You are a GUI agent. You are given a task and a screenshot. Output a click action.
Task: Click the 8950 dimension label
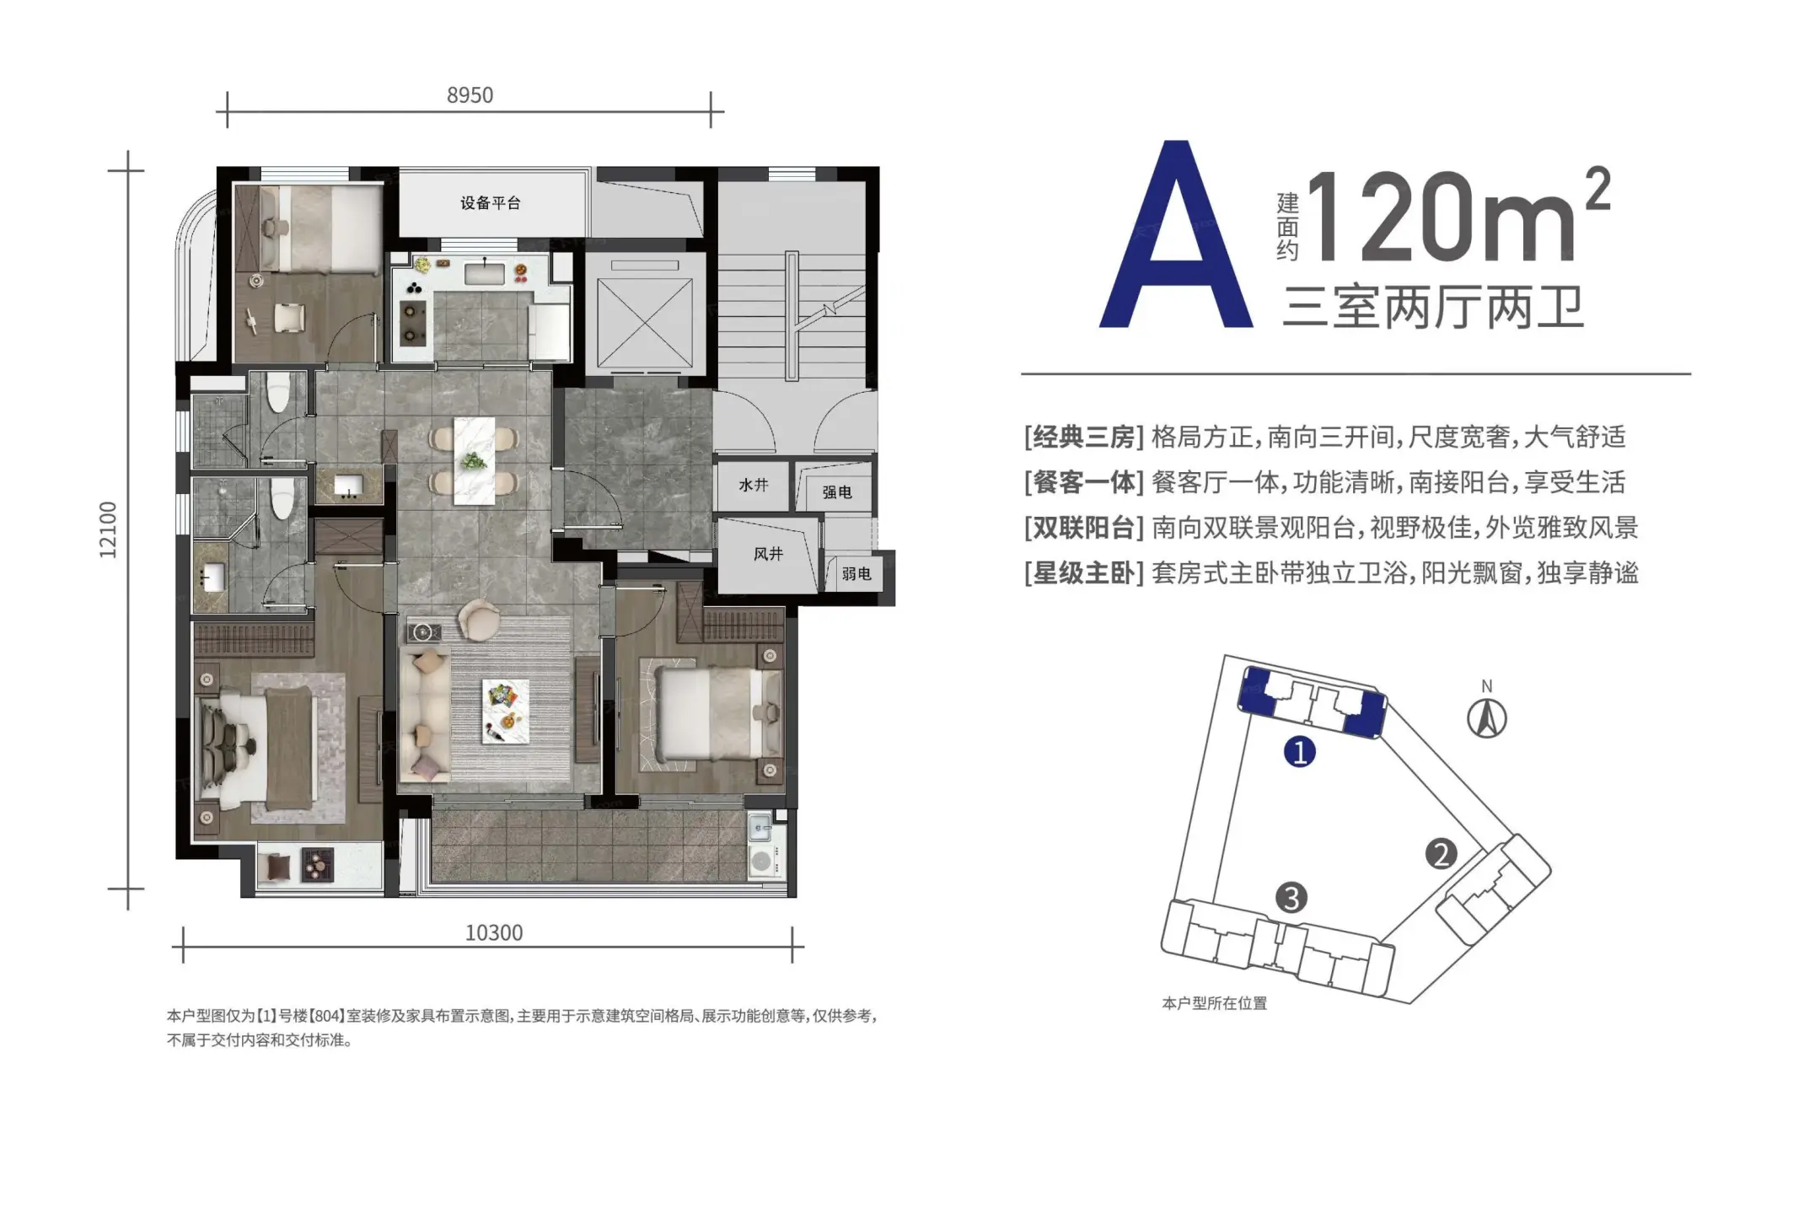click(x=470, y=95)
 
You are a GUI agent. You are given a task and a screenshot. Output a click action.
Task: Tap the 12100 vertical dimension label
click(x=108, y=529)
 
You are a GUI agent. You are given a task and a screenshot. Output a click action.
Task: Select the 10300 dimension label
click(x=494, y=933)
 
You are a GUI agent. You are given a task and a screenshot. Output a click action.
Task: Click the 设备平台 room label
click(x=491, y=203)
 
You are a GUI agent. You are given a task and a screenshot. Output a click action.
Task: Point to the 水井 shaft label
click(x=754, y=485)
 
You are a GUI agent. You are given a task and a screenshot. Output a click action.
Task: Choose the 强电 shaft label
click(x=837, y=492)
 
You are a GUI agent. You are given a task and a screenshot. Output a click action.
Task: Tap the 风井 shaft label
click(x=768, y=554)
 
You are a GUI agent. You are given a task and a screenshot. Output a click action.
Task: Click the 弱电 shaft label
click(x=856, y=574)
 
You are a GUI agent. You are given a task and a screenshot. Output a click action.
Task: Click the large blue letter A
click(x=1176, y=234)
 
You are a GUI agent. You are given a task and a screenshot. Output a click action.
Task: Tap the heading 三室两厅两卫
click(x=1432, y=307)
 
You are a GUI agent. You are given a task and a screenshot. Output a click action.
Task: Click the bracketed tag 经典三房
click(x=1084, y=438)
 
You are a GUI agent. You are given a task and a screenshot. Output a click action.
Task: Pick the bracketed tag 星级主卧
click(x=1084, y=574)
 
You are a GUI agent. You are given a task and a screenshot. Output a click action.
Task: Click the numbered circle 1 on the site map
click(x=1300, y=751)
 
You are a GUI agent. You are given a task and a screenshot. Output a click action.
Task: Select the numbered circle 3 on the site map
click(x=1291, y=898)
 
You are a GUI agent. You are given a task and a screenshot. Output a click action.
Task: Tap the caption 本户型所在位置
click(x=1215, y=1003)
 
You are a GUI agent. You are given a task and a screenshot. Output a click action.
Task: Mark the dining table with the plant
click(x=474, y=461)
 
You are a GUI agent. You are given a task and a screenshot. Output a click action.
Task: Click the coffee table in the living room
click(x=506, y=711)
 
